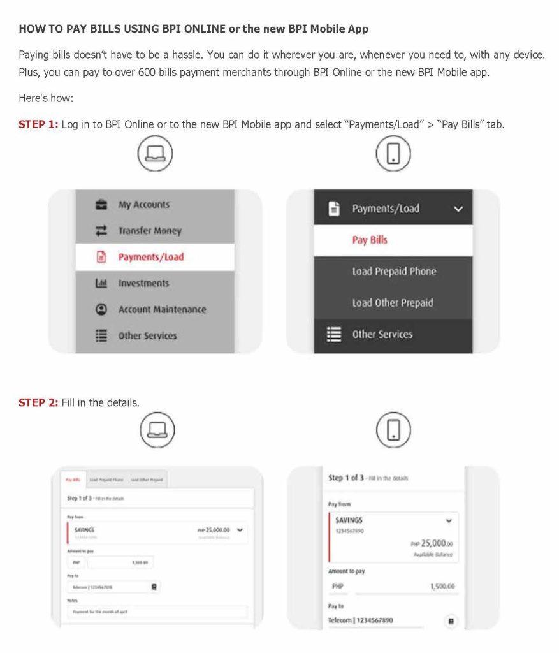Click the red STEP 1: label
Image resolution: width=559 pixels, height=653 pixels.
click(x=38, y=124)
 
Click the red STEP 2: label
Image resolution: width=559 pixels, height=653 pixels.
click(x=38, y=402)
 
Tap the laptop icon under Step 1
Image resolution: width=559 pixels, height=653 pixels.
click(x=156, y=154)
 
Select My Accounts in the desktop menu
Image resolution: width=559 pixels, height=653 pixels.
click(x=143, y=205)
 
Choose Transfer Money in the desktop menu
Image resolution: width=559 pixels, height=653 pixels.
click(x=150, y=231)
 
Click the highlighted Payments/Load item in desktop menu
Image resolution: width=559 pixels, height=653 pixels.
click(x=150, y=257)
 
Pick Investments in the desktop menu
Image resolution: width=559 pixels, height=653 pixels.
click(x=143, y=283)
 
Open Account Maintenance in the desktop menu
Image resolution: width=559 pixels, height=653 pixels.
click(x=162, y=309)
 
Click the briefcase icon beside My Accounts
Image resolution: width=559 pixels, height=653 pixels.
click(x=101, y=205)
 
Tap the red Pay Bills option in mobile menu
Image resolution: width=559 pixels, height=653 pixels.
click(x=370, y=240)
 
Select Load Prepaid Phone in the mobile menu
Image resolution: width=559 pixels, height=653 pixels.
click(x=394, y=271)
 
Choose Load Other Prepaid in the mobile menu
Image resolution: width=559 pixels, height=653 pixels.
click(x=392, y=302)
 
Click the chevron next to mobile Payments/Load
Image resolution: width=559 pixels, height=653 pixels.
click(x=458, y=209)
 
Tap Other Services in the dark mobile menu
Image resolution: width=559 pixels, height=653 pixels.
click(x=382, y=334)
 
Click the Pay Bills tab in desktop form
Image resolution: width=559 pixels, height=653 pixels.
click(x=73, y=480)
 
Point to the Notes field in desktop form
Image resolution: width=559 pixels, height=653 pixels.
click(x=156, y=612)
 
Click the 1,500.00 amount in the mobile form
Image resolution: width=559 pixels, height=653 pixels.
click(x=442, y=586)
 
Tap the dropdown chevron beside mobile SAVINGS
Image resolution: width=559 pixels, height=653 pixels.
click(x=449, y=521)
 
